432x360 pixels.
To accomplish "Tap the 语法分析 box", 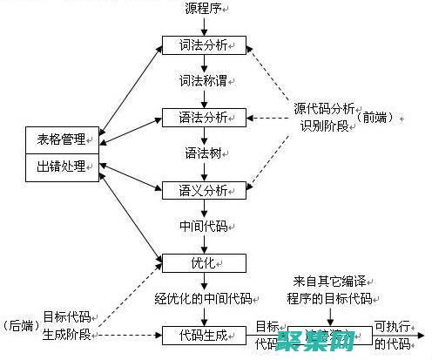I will [x=205, y=116].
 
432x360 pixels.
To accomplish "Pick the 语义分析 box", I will [x=205, y=189].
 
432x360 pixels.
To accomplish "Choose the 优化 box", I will [x=205, y=262].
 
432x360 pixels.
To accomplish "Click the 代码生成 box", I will [x=205, y=334].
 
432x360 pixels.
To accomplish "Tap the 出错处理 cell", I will [x=61, y=167].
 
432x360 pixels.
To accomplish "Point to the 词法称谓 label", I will [x=203, y=80].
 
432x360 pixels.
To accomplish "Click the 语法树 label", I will [x=203, y=153].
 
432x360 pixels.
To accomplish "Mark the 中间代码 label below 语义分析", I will [x=203, y=225].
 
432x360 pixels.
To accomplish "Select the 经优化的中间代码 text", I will [x=203, y=298].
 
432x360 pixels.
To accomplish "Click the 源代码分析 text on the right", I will [x=324, y=109].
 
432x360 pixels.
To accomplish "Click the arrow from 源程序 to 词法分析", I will [x=205, y=25].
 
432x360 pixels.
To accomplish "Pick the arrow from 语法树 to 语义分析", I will [x=205, y=171].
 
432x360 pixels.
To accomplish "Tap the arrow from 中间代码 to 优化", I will [x=205, y=243].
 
